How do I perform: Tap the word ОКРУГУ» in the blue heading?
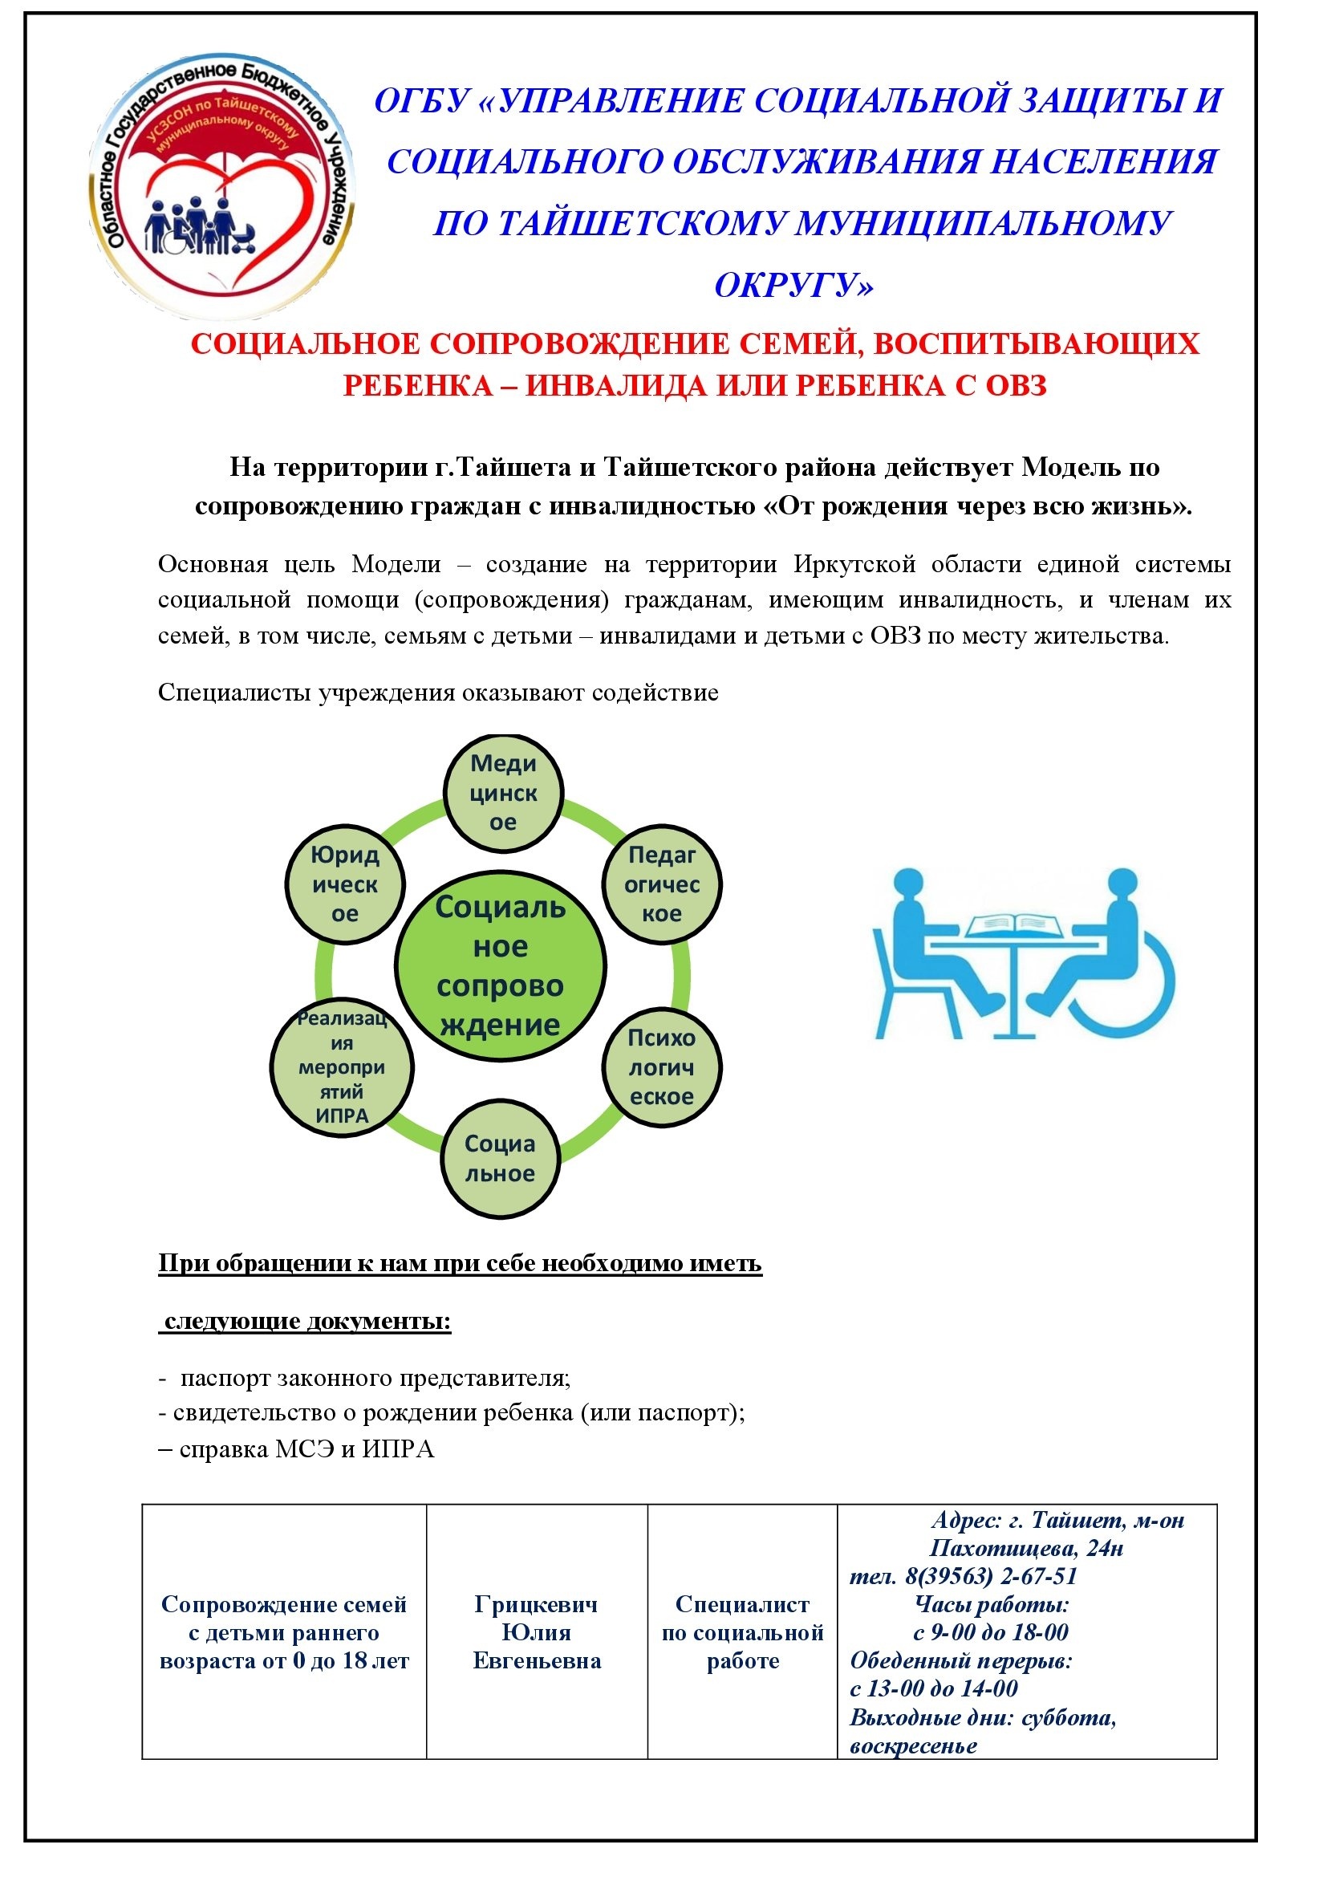[793, 286]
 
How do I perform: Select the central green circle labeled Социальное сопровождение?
[500, 965]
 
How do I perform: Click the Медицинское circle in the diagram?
[503, 791]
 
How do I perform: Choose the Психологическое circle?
[661, 1066]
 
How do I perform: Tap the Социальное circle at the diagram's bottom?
[500, 1159]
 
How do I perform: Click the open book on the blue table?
[1013, 925]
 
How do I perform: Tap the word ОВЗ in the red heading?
[1016, 385]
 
